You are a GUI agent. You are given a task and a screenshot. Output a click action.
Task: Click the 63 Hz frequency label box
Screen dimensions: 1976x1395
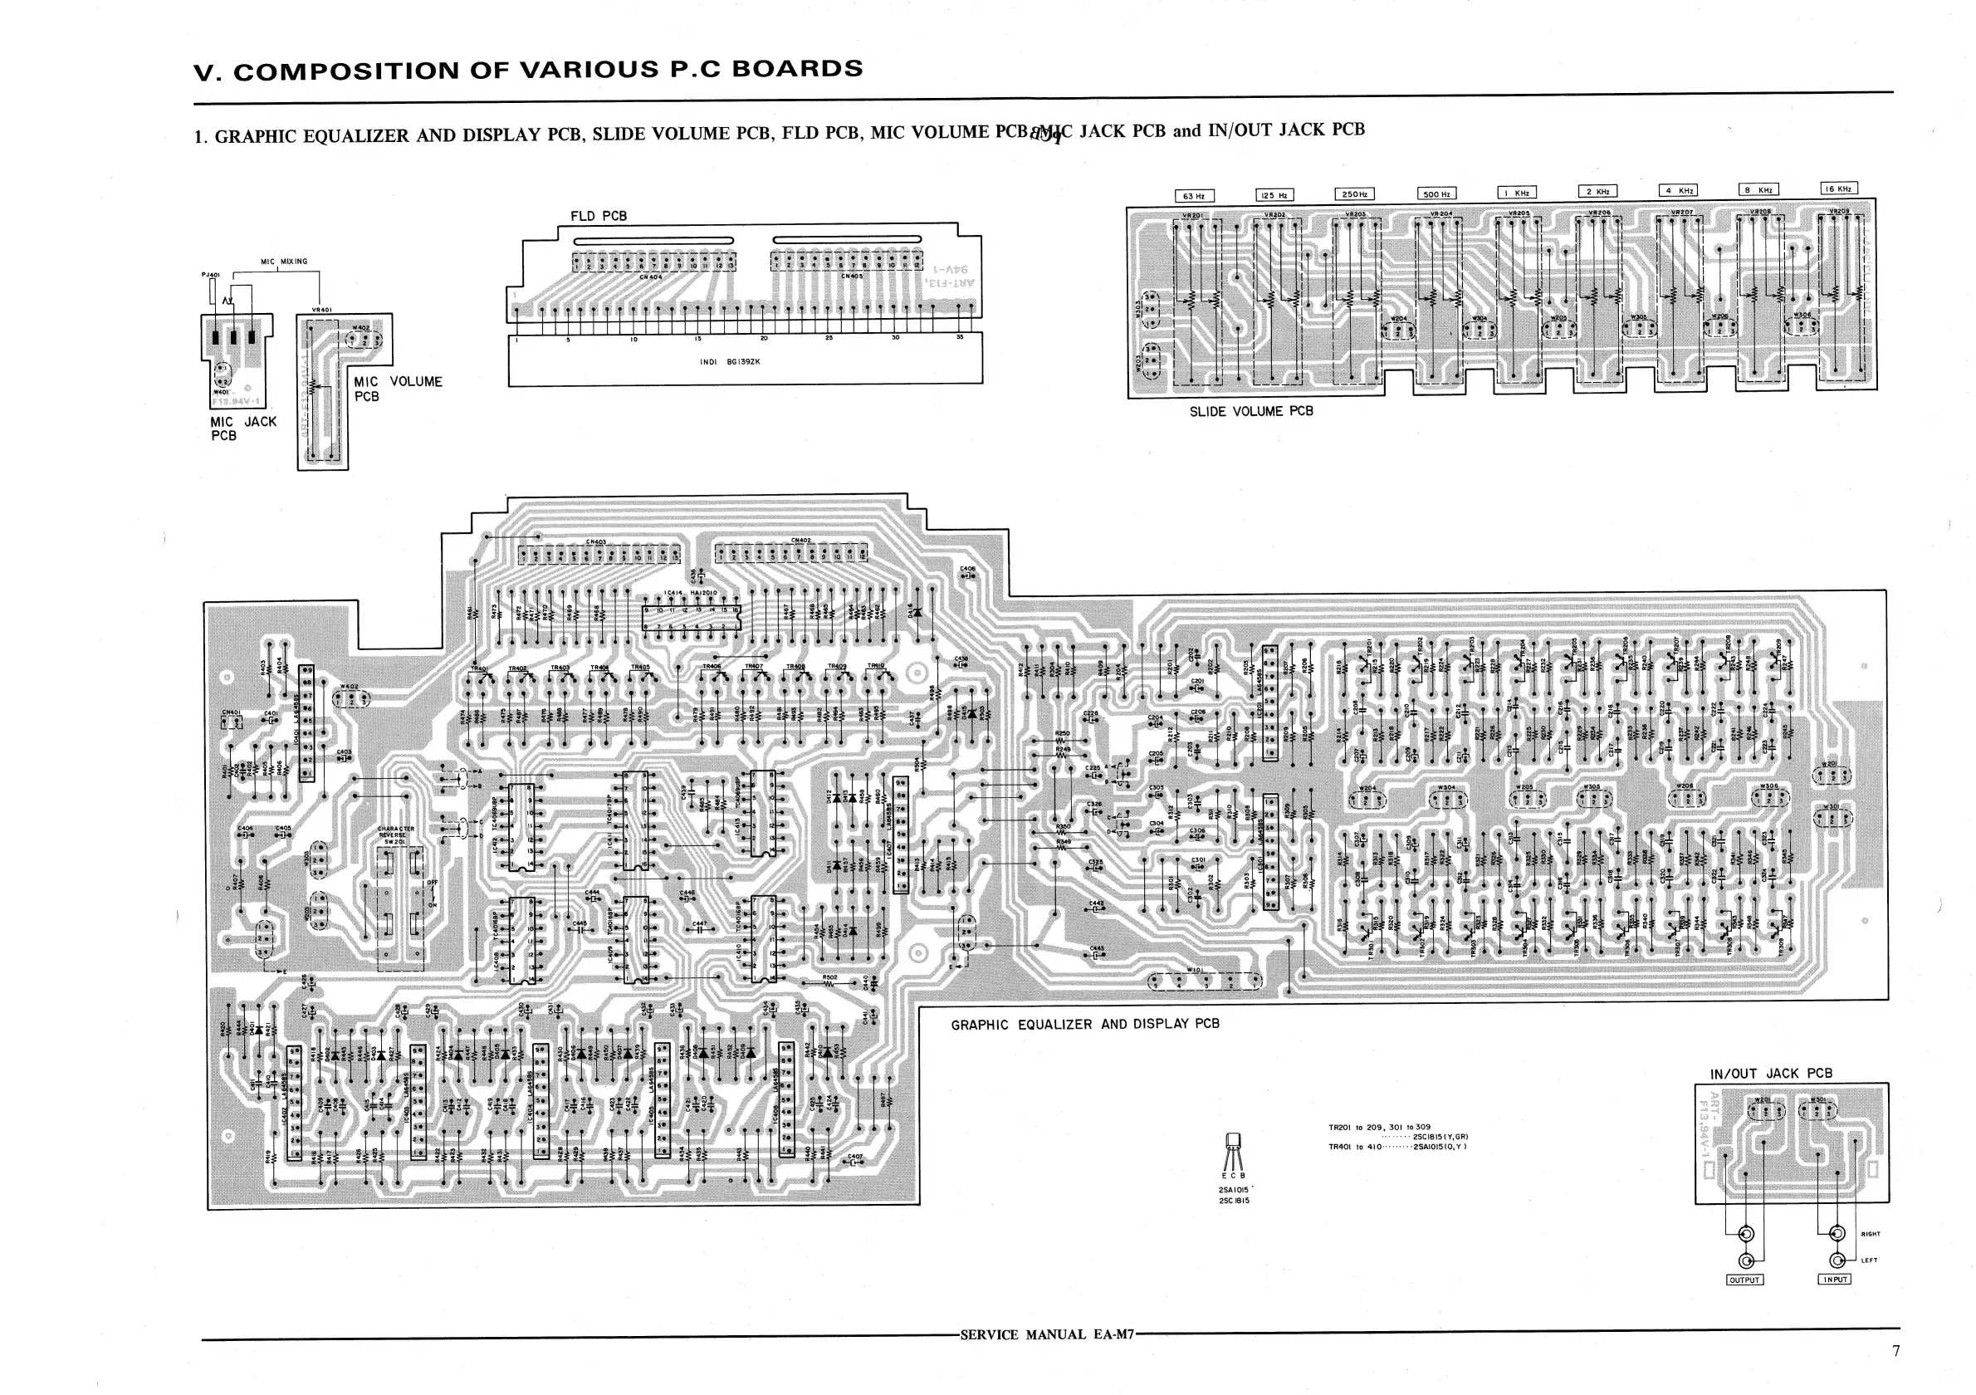[1194, 195]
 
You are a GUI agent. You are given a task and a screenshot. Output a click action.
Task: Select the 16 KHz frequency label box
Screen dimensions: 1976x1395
[1838, 188]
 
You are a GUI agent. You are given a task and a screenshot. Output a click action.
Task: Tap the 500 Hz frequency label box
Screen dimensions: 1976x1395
[1436, 193]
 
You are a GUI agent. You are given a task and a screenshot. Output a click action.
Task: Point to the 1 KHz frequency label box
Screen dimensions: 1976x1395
[1516, 193]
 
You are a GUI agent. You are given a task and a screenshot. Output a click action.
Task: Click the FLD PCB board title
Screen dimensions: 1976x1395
[598, 216]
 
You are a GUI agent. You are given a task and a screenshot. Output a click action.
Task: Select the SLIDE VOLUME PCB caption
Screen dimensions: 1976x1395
[1250, 411]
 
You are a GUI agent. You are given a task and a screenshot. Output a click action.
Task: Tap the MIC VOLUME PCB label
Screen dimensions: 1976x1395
[397, 388]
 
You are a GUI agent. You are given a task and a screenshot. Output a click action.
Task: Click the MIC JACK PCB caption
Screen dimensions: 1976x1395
[242, 428]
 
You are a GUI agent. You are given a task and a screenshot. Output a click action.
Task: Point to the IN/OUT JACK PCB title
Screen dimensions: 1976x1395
[1770, 1073]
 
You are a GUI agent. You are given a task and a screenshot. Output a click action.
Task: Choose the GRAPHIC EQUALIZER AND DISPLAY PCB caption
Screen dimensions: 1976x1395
[1084, 1024]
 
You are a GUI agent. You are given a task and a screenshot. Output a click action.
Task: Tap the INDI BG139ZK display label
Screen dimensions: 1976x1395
[730, 362]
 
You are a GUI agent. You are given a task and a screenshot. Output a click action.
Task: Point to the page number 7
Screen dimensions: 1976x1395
[1895, 1350]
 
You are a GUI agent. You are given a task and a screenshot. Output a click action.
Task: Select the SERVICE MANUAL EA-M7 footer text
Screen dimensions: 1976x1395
[1046, 1334]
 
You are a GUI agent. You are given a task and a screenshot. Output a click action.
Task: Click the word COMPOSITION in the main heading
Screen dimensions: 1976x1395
[347, 71]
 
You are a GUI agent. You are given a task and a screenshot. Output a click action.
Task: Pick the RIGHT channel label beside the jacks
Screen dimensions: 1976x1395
[1870, 1234]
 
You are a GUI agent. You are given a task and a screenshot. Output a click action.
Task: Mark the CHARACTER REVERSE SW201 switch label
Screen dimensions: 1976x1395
[396, 835]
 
